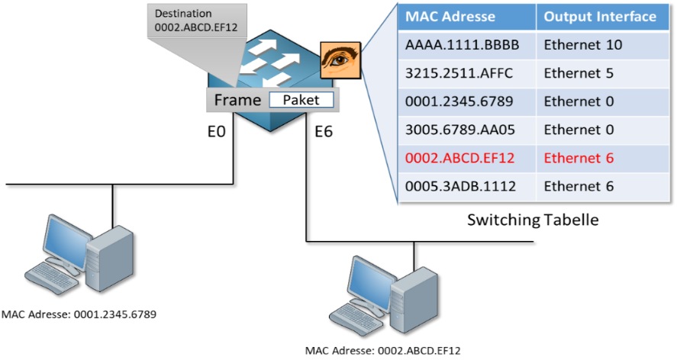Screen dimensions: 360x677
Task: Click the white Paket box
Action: tap(300, 100)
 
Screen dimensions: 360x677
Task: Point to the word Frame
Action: tap(236, 100)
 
